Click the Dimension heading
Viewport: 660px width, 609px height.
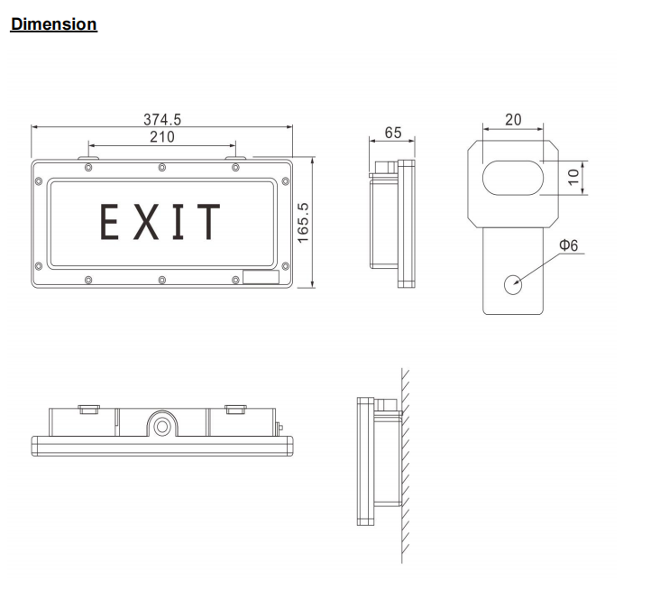pyautogui.click(x=53, y=24)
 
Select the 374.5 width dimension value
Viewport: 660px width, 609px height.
pyautogui.click(x=162, y=119)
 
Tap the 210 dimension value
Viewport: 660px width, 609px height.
pyautogui.click(x=162, y=137)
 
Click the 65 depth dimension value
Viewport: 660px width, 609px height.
pyautogui.click(x=393, y=133)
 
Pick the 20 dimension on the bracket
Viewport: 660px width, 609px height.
pyautogui.click(x=513, y=120)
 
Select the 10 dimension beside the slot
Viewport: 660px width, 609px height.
pyautogui.click(x=572, y=177)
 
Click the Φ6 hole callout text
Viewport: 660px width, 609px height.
pyautogui.click(x=568, y=245)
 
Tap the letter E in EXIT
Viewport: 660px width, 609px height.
pyautogui.click(x=111, y=222)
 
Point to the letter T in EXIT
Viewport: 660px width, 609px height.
pyautogui.click(x=208, y=222)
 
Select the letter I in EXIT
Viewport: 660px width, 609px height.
pyautogui.click(x=178, y=222)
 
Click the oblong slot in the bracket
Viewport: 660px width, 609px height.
pyautogui.click(x=512, y=177)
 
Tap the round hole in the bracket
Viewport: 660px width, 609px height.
pyautogui.click(x=513, y=283)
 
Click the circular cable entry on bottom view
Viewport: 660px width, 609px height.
pyautogui.click(x=162, y=422)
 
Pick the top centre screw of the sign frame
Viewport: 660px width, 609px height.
pyautogui.click(x=161, y=167)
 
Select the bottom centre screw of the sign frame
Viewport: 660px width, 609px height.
pyautogui.click(x=161, y=279)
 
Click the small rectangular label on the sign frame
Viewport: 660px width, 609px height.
pyautogui.click(x=261, y=279)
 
